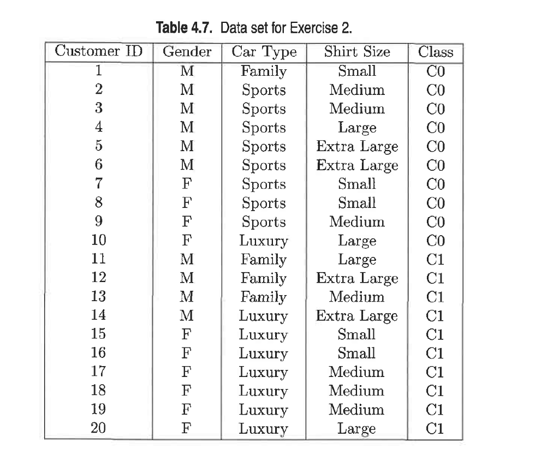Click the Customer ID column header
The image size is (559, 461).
[99, 52]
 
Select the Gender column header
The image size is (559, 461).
[187, 52]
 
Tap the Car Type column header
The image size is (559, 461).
[264, 52]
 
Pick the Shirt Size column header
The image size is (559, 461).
[357, 52]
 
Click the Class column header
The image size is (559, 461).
[436, 52]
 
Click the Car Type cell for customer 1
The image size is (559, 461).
[264, 71]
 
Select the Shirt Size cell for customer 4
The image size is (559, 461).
[357, 128]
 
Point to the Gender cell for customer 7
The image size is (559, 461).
[187, 184]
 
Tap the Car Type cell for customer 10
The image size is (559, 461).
[264, 241]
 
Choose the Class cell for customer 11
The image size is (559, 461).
[436, 260]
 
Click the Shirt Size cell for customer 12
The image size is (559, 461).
[357, 278]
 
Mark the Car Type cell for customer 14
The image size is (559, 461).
[264, 316]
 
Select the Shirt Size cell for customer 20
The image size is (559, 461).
[357, 429]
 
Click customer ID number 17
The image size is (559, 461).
[99, 372]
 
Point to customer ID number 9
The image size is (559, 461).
[99, 222]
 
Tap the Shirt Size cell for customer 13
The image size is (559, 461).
[357, 297]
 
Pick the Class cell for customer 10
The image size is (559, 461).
[436, 241]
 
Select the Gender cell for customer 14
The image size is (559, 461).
[187, 316]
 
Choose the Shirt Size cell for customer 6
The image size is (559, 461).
[357, 165]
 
